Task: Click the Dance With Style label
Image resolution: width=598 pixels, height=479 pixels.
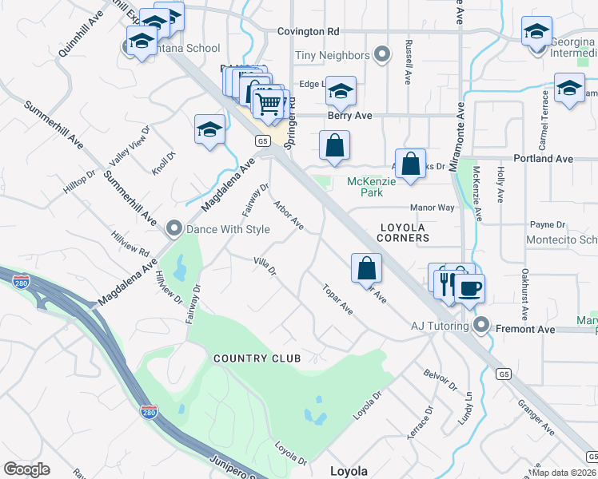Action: click(228, 230)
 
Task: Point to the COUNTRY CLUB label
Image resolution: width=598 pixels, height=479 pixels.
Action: click(257, 358)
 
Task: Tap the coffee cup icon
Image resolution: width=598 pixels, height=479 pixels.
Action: click(469, 287)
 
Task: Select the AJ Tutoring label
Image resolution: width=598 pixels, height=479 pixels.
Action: click(439, 326)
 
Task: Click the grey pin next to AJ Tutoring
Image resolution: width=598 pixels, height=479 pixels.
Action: click(480, 325)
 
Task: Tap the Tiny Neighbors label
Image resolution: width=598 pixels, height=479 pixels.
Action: click(333, 55)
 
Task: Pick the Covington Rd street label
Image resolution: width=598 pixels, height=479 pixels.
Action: click(309, 31)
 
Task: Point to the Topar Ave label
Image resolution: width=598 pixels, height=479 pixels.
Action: click(337, 298)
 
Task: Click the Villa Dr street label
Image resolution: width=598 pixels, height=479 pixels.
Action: click(265, 267)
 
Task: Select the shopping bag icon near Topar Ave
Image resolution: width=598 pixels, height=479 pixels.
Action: click(366, 268)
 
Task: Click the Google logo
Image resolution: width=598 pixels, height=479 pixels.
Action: click(26, 469)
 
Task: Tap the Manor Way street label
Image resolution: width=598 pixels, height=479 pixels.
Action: click(432, 208)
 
